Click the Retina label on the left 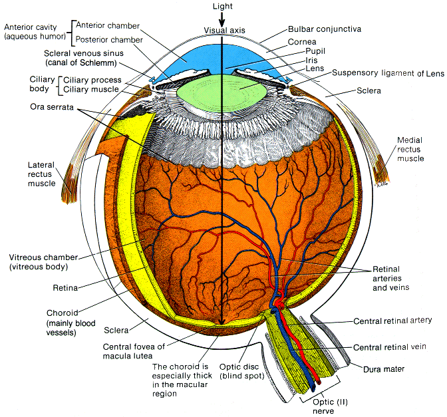67,289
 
